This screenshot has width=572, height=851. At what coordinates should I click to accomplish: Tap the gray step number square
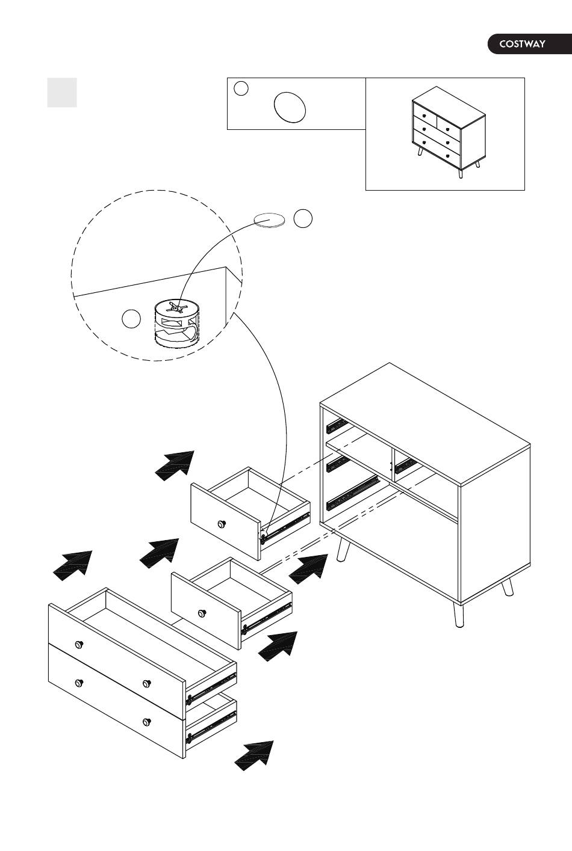62,93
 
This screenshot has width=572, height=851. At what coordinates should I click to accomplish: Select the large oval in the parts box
290,107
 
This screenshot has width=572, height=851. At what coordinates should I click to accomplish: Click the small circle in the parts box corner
241,88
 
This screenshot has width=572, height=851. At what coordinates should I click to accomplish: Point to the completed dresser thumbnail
449,132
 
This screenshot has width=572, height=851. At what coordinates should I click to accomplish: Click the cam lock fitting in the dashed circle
176,323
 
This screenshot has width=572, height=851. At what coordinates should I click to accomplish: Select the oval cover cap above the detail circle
269,220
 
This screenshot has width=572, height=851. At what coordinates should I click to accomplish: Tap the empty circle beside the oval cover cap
303,218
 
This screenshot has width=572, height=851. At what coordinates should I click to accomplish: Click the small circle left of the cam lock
131,318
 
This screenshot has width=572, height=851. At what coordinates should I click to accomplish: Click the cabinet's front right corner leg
459,615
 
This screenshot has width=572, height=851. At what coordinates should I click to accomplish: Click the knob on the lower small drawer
202,613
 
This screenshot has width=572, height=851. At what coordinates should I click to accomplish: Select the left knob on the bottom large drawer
79,683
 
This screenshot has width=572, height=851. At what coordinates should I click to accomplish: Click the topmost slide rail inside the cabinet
337,426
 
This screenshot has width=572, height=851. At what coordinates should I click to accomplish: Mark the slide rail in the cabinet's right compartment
406,465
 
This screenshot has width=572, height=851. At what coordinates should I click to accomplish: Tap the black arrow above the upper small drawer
175,465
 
